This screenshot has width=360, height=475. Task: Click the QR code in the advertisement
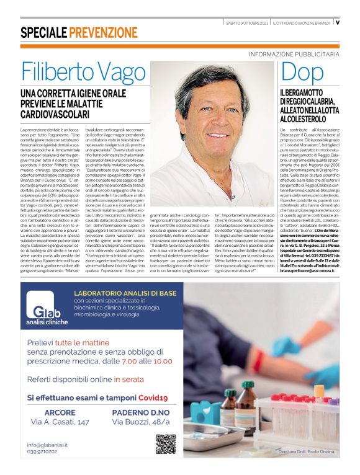(x=166, y=444)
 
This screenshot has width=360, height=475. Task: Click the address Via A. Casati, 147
(x=60, y=424)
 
